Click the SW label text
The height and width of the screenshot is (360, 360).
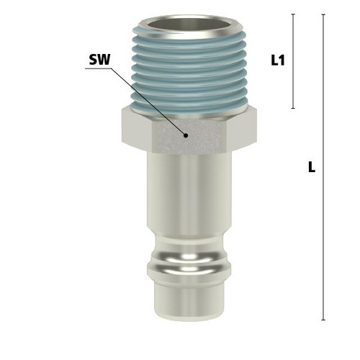click(99, 60)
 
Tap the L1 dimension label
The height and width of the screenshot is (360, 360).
click(278, 60)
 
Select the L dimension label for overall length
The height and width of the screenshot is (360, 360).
click(312, 167)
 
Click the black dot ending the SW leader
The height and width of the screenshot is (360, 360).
click(186, 135)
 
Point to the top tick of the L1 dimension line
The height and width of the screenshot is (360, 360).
click(293, 14)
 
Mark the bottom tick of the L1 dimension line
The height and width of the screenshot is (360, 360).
click(293, 109)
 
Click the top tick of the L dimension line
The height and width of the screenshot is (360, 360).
click(323, 14)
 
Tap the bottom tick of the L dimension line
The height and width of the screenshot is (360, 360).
click(323, 320)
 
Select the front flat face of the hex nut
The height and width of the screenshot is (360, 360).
click(189, 137)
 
